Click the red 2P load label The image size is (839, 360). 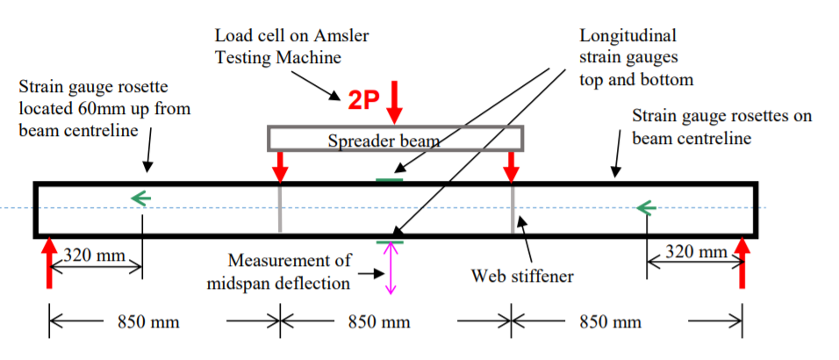pyautogui.click(x=363, y=100)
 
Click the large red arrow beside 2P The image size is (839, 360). pyautogui.click(x=395, y=101)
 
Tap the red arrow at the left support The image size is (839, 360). pyautogui.click(x=49, y=263)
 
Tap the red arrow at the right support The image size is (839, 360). pyautogui.click(x=742, y=263)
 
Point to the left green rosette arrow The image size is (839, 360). pyautogui.click(x=141, y=198)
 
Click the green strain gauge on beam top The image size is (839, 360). pyautogui.click(x=390, y=180)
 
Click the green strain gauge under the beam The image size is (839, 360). pyautogui.click(x=390, y=241)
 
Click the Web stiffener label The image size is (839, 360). pyautogui.click(x=522, y=277)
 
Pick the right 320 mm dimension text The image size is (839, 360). pyautogui.click(x=693, y=252)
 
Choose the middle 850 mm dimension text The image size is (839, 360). pyautogui.click(x=379, y=322)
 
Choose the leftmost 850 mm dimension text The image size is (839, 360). pyautogui.click(x=148, y=322)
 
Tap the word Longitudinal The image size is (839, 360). pyautogui.click(x=628, y=37)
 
